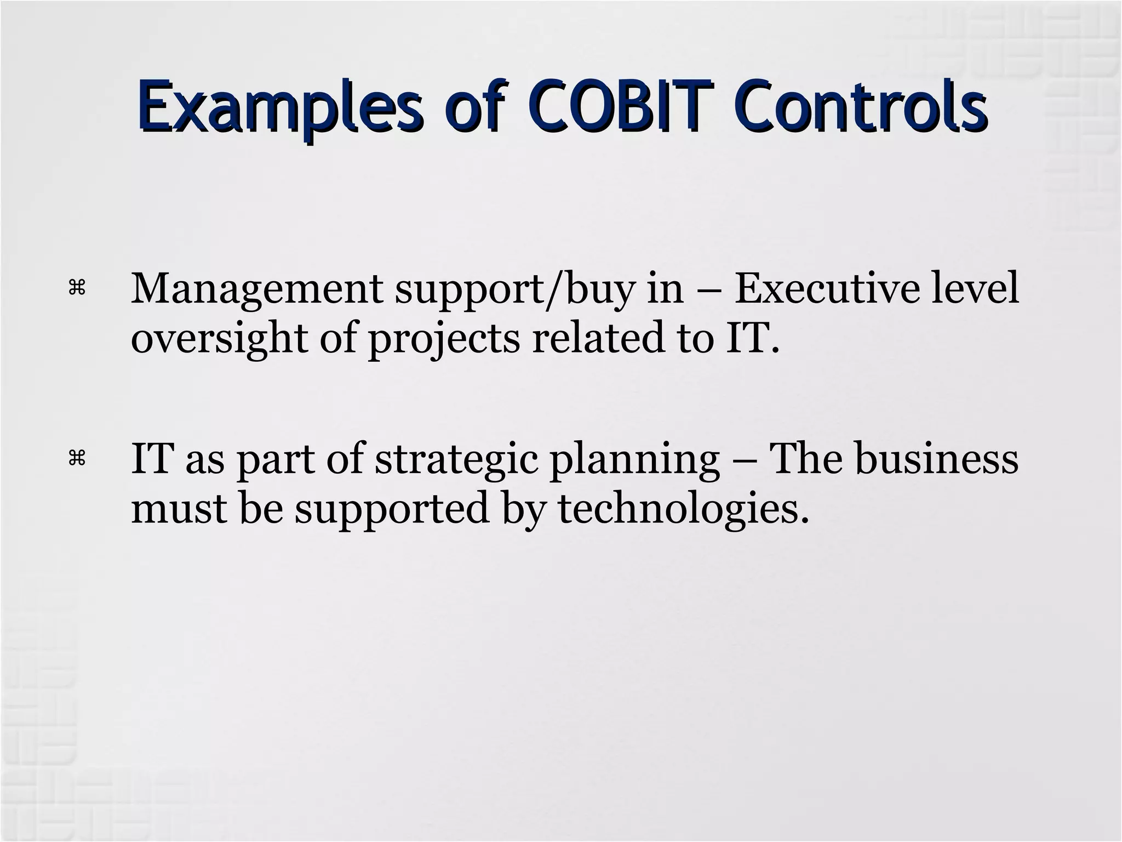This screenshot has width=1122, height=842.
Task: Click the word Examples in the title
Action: (279, 106)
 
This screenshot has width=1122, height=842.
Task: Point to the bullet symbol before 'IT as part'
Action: (77, 458)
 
